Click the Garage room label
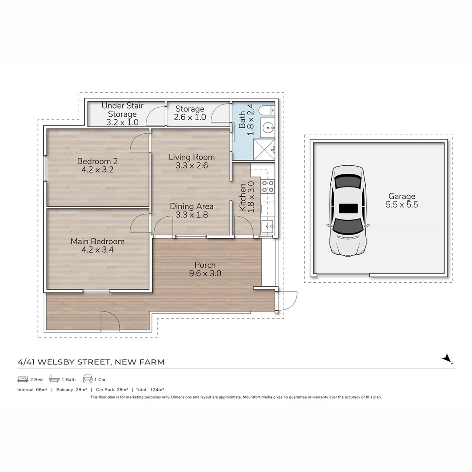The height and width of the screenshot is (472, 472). point(401,196)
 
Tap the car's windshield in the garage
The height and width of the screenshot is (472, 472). point(348,225)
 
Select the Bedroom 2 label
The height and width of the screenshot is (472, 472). point(97,161)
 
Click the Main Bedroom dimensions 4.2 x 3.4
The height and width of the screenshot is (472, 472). point(97,250)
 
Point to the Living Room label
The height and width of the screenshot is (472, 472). point(191,157)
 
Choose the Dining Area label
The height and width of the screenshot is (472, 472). point(191,206)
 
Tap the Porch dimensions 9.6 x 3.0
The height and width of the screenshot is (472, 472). point(205,274)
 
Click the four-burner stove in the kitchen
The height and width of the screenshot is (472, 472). point(267,186)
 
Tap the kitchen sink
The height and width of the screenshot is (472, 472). point(267,226)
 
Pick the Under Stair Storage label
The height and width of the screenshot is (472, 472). point(122,110)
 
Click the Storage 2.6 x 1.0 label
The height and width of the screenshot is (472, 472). point(190,113)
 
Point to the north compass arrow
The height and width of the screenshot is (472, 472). point(447,359)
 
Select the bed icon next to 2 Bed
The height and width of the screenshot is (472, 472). point(23,379)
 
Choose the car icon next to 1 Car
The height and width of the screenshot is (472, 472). point(87,379)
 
